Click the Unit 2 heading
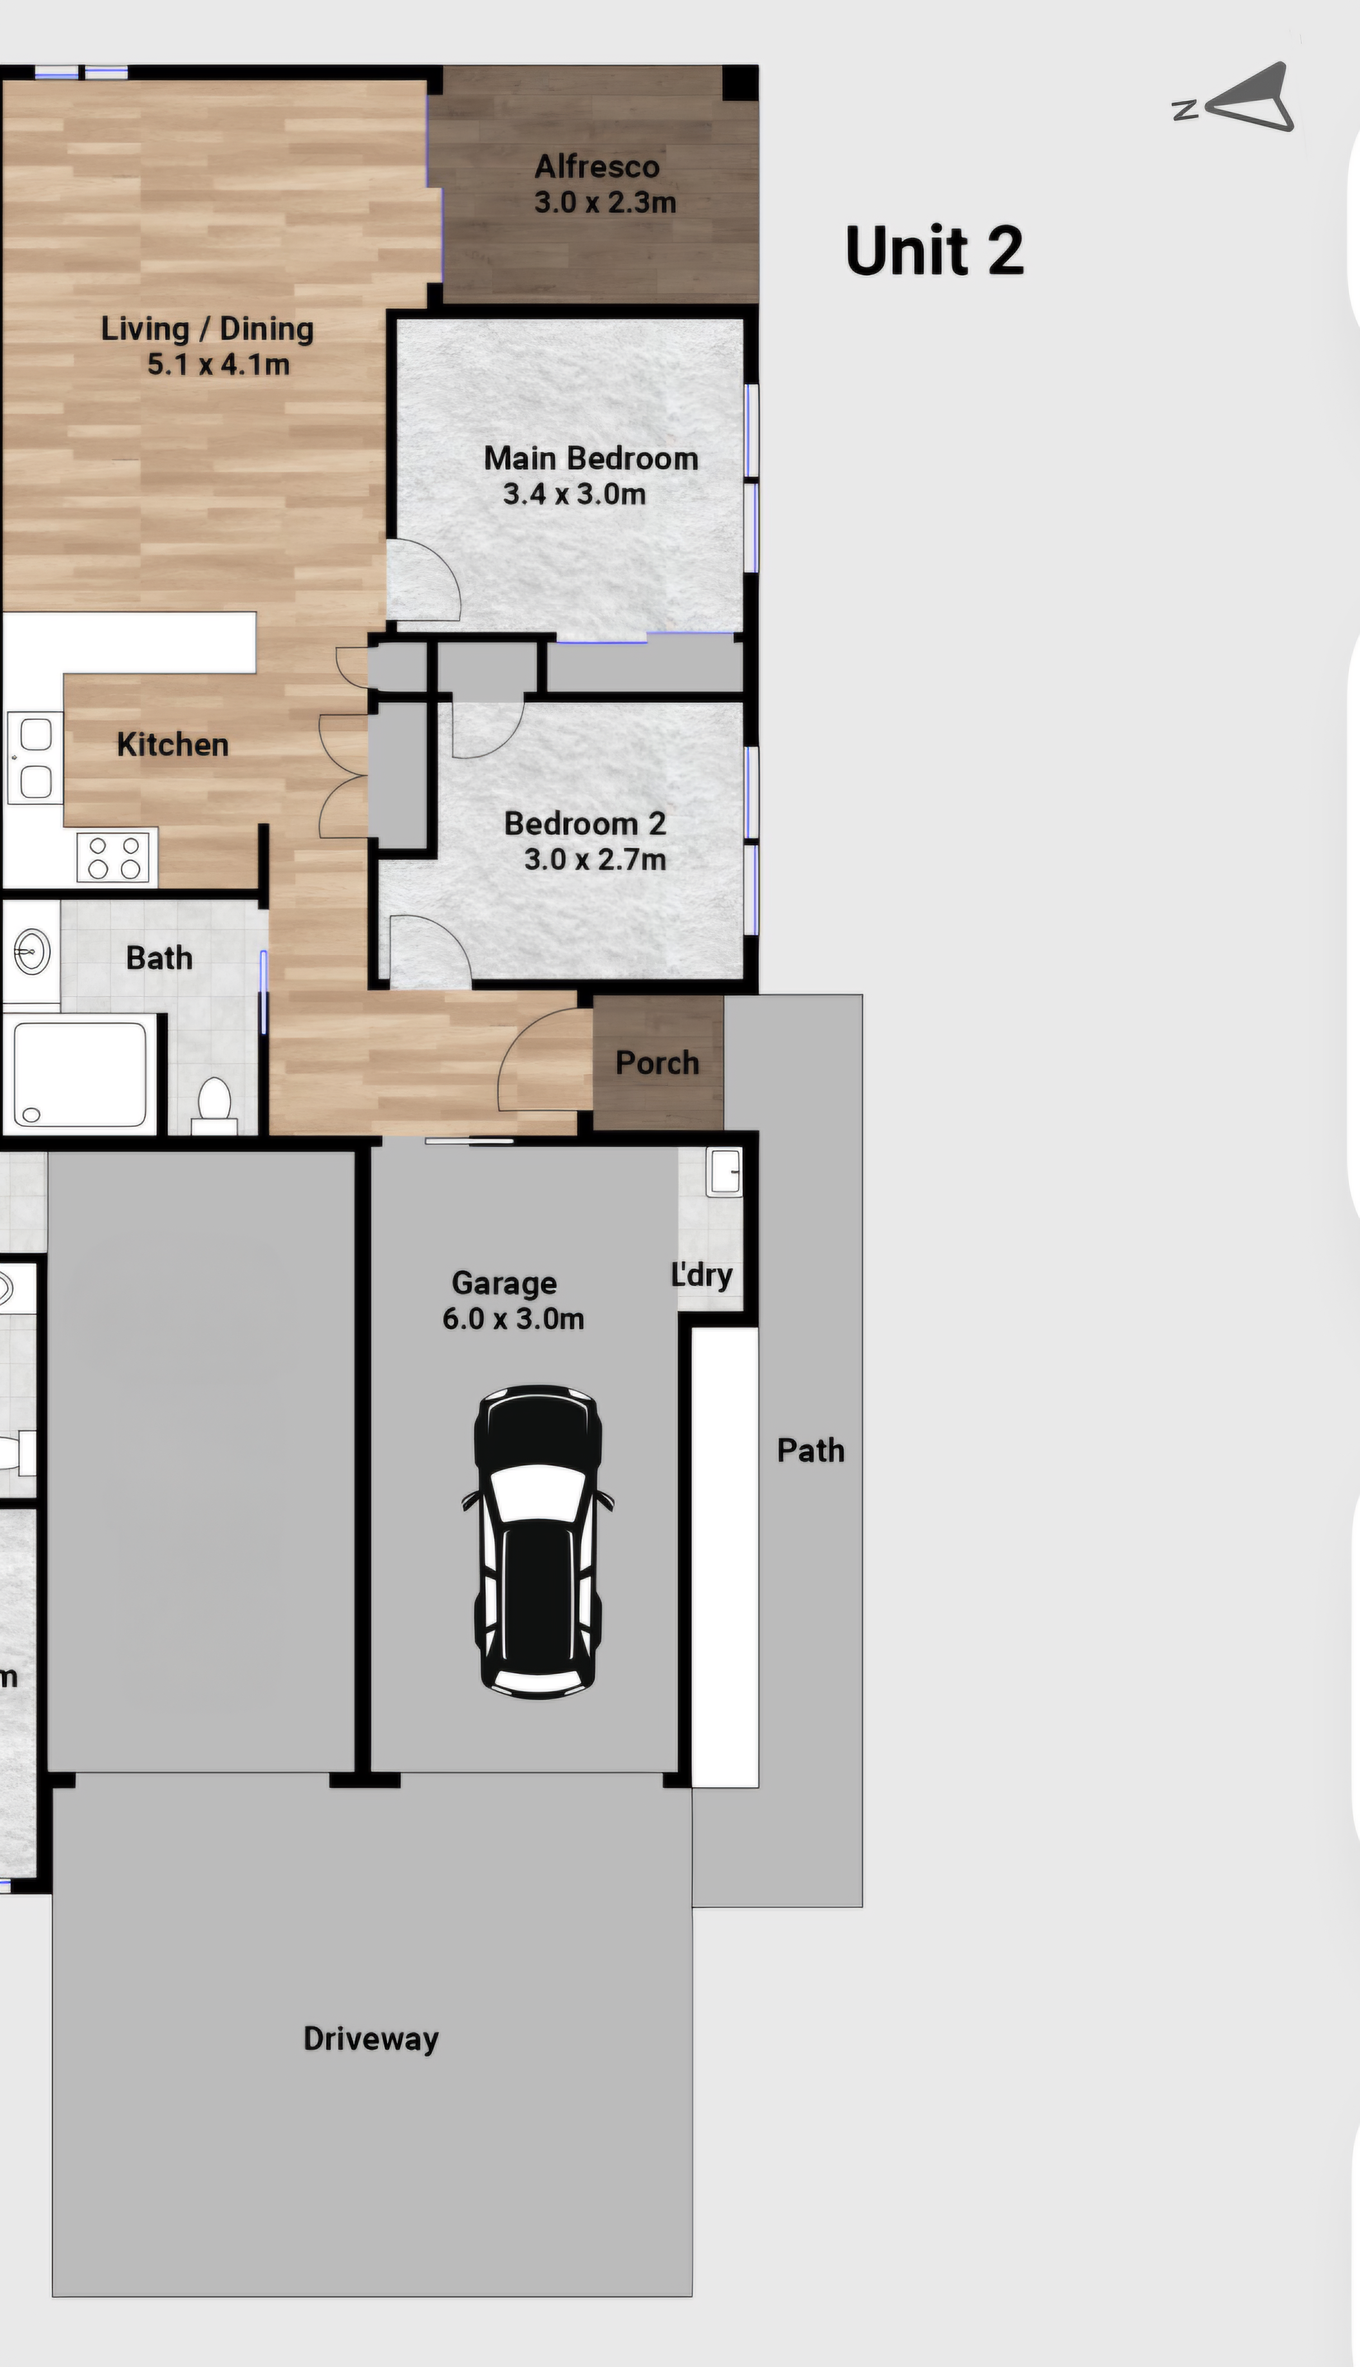point(934,251)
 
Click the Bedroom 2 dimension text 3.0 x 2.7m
point(595,859)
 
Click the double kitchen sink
point(35,757)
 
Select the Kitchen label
point(173,744)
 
